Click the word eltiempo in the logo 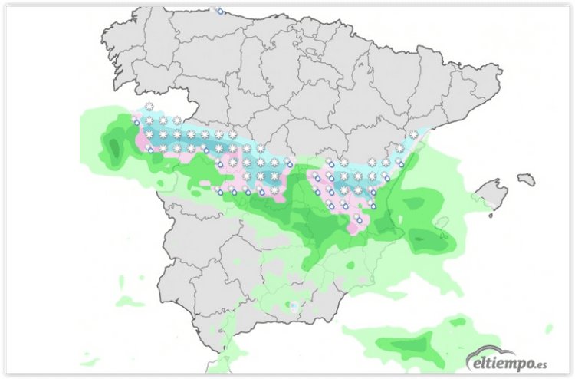coord(498,360)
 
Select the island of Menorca coord(525,179)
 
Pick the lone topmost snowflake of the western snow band coord(149,106)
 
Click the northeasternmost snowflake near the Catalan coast coord(414,134)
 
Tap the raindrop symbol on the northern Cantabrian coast coord(221,12)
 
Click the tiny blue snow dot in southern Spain coord(294,305)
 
